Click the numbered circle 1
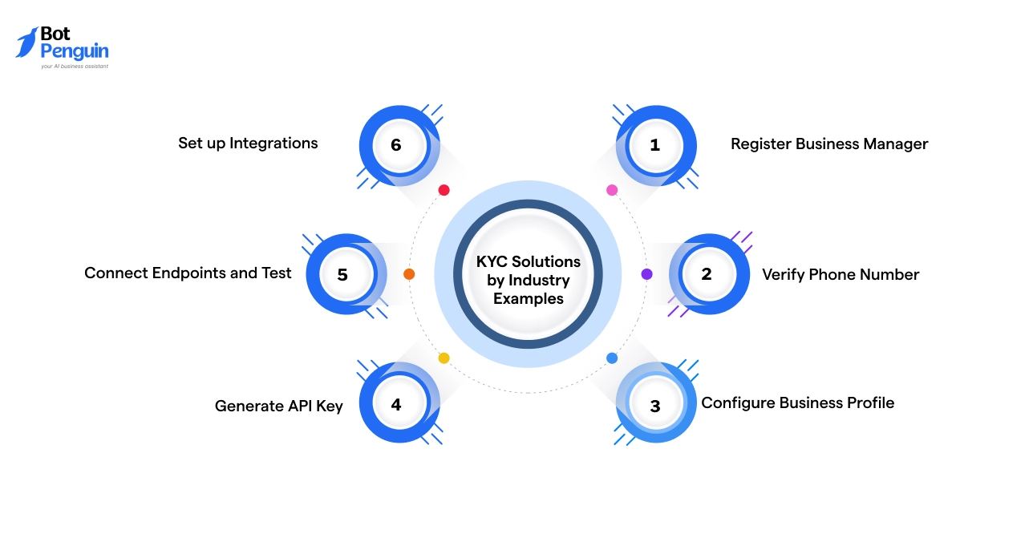(x=655, y=145)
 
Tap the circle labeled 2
(x=707, y=274)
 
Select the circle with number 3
(x=655, y=406)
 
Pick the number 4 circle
(x=396, y=404)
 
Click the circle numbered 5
(x=343, y=274)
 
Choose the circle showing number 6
(x=396, y=145)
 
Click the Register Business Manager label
(x=828, y=144)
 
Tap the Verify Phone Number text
(x=840, y=274)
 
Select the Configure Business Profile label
(x=797, y=402)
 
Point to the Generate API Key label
(x=278, y=406)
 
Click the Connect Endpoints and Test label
(x=188, y=273)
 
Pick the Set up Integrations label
(x=248, y=144)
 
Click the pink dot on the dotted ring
(x=612, y=190)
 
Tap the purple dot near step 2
(x=646, y=274)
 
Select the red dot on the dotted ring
(x=444, y=190)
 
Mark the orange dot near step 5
(x=409, y=274)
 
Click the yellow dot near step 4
(x=444, y=358)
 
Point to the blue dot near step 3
(x=612, y=358)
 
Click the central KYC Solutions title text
(x=528, y=280)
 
